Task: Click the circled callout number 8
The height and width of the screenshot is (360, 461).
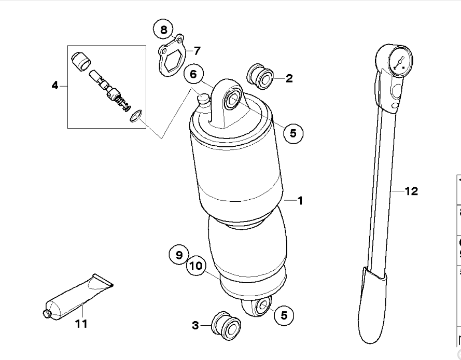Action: (x=164, y=30)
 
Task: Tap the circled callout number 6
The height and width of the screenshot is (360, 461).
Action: (x=193, y=75)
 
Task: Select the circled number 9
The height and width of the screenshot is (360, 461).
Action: (x=179, y=255)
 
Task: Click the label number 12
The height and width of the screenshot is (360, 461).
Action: (x=411, y=191)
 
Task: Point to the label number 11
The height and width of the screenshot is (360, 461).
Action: (x=81, y=324)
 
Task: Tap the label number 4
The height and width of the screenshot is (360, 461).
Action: (x=55, y=85)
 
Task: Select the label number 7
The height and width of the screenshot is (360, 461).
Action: (x=197, y=51)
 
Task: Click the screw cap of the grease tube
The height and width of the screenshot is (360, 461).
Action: (x=46, y=313)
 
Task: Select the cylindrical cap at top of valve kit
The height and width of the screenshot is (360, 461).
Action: (x=80, y=62)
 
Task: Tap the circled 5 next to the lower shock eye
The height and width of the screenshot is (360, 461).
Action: (x=284, y=314)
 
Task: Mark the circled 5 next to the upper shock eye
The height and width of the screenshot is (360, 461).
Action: (x=293, y=133)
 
